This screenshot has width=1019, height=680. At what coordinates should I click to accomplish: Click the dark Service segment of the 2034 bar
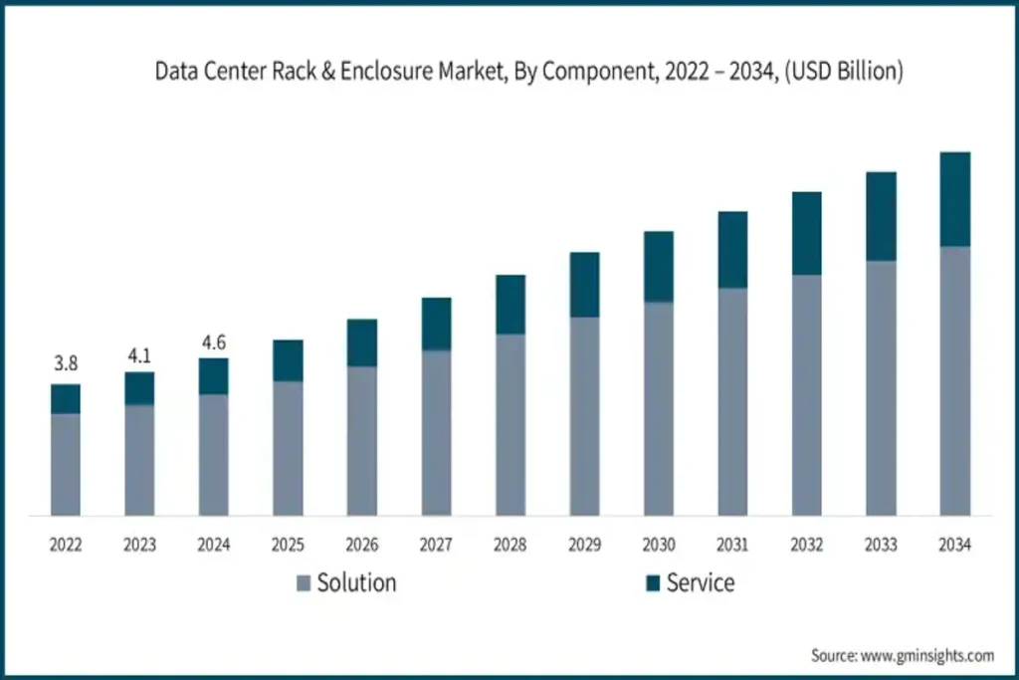click(955, 199)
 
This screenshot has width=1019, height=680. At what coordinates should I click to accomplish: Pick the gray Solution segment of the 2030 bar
click(659, 408)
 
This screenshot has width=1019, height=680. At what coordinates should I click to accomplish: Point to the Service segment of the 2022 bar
click(66, 399)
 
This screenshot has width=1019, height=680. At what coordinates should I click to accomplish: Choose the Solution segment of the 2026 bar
click(362, 440)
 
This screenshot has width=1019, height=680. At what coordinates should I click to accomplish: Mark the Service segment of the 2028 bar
click(510, 305)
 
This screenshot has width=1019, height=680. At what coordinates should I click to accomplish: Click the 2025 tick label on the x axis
click(288, 546)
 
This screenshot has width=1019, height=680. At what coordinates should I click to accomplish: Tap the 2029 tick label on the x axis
click(584, 546)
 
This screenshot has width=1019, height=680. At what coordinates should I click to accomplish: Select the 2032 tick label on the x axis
click(807, 546)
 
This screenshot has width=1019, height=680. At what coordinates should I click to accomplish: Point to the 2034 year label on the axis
click(955, 546)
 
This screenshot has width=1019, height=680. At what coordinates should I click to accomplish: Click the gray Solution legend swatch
click(304, 583)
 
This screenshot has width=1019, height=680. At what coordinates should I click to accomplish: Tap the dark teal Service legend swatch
click(652, 583)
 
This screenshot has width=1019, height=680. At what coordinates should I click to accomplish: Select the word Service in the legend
click(701, 583)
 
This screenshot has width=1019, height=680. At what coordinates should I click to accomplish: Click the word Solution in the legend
click(356, 583)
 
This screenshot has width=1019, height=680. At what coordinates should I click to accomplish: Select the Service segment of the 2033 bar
click(881, 217)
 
